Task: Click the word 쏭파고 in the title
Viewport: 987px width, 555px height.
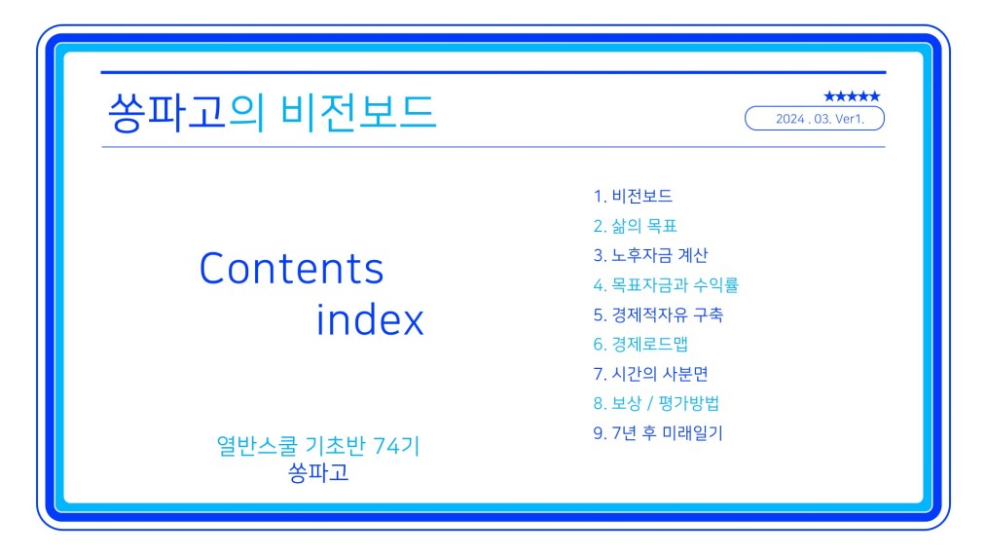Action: pos(166,113)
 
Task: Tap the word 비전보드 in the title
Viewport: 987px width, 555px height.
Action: pos(358,113)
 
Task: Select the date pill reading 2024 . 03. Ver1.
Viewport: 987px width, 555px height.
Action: pos(815,119)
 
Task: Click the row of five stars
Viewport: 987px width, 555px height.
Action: pos(852,96)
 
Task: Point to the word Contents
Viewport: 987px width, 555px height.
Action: pos(291,269)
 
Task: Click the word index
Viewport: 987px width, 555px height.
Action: pos(370,319)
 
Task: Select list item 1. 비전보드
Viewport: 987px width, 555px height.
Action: pos(633,196)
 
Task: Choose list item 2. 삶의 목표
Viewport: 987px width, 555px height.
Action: pos(635,226)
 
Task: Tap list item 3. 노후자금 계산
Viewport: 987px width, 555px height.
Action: pos(650,255)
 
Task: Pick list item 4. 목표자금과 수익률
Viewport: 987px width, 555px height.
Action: pos(666,284)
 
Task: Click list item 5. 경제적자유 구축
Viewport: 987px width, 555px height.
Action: pos(658,314)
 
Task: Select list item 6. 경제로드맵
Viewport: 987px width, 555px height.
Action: pos(640,344)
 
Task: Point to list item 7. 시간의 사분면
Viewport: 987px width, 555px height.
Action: pos(650,374)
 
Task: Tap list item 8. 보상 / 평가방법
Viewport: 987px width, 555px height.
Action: pos(656,403)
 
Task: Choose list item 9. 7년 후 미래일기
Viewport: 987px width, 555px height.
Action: pos(658,432)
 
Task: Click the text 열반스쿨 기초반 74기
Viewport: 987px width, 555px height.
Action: pos(318,445)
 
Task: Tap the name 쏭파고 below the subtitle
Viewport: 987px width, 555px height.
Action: pos(318,472)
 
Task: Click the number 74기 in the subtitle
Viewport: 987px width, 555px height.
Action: pos(396,445)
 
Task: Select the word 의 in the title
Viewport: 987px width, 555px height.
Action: pos(246,113)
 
